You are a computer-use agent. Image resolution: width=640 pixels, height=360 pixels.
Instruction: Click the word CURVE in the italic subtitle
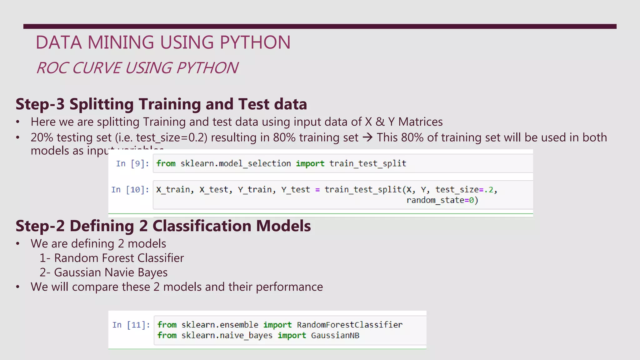point(97,68)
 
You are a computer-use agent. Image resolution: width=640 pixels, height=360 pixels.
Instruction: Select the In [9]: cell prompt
point(132,163)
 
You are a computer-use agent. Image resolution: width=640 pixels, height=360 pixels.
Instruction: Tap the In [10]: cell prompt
point(130,190)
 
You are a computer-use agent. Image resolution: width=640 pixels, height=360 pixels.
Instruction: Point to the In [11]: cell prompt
point(131,325)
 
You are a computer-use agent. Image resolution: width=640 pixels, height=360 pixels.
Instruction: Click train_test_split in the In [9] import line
point(367,163)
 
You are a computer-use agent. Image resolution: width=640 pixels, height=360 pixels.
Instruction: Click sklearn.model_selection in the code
point(235,163)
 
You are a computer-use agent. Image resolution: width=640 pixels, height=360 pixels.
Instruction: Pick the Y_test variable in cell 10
point(295,190)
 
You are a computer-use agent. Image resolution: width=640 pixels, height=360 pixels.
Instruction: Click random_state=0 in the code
point(442,200)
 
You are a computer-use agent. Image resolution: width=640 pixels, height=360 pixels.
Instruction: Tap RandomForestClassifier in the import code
point(349,325)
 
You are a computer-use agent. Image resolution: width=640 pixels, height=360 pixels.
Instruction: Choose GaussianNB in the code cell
point(335,336)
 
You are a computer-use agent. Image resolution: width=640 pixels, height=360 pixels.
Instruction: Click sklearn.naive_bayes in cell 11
point(227,336)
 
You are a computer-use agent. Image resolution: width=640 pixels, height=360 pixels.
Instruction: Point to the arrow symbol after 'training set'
point(367,137)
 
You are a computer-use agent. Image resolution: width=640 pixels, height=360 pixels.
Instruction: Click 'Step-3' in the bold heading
point(40,104)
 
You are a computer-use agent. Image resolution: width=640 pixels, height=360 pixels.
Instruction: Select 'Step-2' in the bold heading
point(40,226)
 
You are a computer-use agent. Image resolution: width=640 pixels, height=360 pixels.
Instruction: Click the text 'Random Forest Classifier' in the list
point(119,258)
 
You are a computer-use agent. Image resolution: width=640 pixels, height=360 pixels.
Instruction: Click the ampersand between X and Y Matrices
point(380,122)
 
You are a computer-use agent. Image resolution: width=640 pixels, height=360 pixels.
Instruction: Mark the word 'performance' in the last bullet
point(289,287)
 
